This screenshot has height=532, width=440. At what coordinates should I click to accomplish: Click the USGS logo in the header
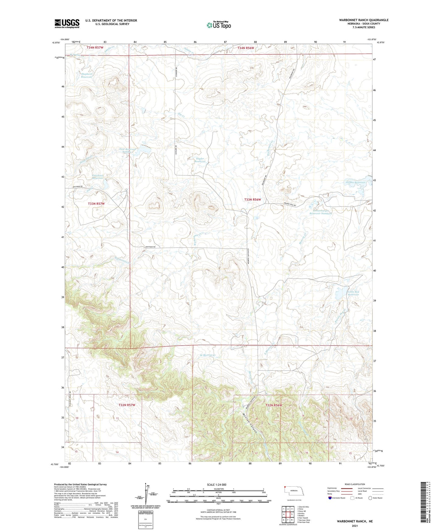tap(67, 23)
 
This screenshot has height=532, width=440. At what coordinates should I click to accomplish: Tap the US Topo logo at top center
tap(219, 25)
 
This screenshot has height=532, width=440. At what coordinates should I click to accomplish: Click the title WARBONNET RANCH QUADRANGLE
tap(364, 20)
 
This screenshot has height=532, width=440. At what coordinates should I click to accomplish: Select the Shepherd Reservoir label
tap(86, 76)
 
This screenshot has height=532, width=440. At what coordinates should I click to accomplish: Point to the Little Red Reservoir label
tap(354, 293)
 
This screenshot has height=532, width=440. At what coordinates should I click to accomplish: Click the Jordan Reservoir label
tap(355, 183)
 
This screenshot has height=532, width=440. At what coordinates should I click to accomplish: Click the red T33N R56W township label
tap(252, 200)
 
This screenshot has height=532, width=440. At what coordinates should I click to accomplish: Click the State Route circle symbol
tap(370, 498)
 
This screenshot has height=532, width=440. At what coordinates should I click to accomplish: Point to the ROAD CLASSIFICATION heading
tap(355, 484)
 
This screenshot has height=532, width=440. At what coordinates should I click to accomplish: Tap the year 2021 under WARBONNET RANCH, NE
tap(354, 526)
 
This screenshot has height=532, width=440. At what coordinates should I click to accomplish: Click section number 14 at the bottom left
tap(117, 452)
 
